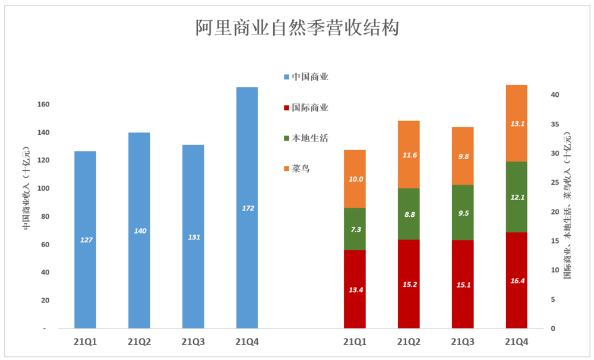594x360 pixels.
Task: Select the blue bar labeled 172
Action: pos(247,207)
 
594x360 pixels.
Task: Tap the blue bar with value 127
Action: pos(85,239)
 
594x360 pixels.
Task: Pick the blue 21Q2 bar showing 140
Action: pos(139,230)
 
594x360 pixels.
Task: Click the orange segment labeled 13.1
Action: pos(516,123)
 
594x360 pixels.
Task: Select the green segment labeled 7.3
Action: pos(355,229)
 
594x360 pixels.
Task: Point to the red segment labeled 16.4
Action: pos(516,280)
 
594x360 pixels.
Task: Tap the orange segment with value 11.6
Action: pos(409,154)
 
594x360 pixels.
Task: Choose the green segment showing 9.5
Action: pos(463,212)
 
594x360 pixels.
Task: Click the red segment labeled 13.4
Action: pos(355,289)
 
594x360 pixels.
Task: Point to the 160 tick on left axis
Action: pos(43,105)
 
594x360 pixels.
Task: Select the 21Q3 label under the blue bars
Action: pos(193,342)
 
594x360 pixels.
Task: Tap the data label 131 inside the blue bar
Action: pos(193,237)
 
